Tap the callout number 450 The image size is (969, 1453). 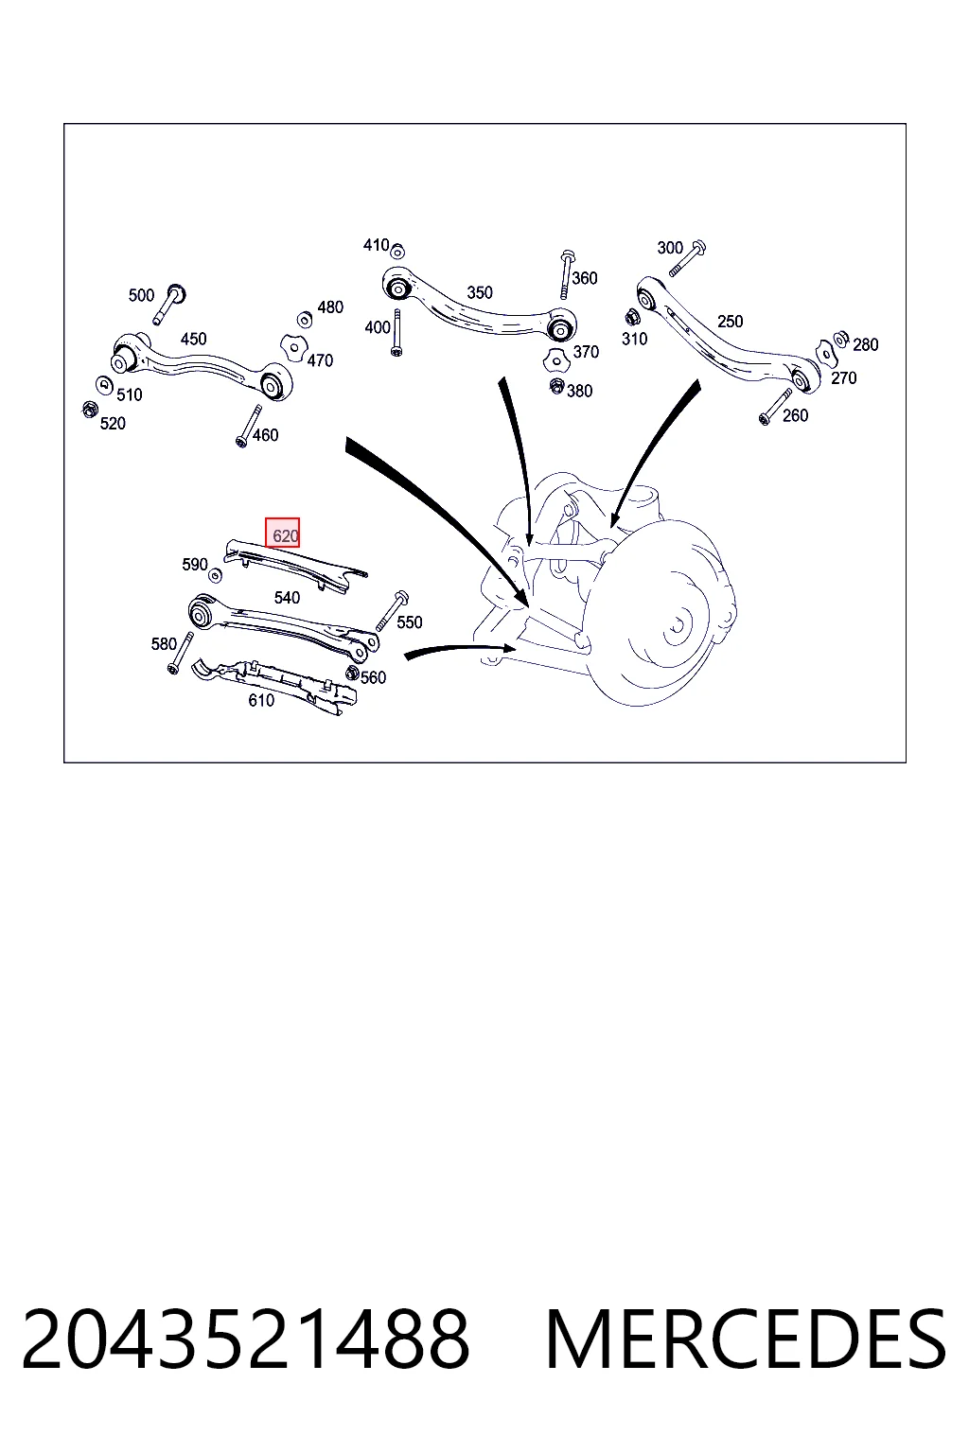(x=193, y=339)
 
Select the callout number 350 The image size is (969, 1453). (x=480, y=292)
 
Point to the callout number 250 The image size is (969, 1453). (x=731, y=321)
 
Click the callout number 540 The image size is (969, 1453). (x=287, y=598)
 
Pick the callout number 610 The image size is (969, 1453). (x=261, y=700)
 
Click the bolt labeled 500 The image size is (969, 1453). (x=168, y=304)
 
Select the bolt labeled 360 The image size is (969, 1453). (x=566, y=273)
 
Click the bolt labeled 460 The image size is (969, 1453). (x=249, y=427)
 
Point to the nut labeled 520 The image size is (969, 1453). (x=90, y=410)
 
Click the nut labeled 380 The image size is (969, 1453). (x=556, y=387)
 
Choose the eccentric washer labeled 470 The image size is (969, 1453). (x=293, y=348)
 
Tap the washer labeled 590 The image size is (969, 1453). (x=215, y=575)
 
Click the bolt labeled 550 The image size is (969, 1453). (x=392, y=610)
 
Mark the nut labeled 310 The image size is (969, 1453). (x=630, y=318)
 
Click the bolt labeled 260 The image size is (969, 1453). (x=776, y=407)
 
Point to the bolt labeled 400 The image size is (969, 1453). (x=396, y=333)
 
